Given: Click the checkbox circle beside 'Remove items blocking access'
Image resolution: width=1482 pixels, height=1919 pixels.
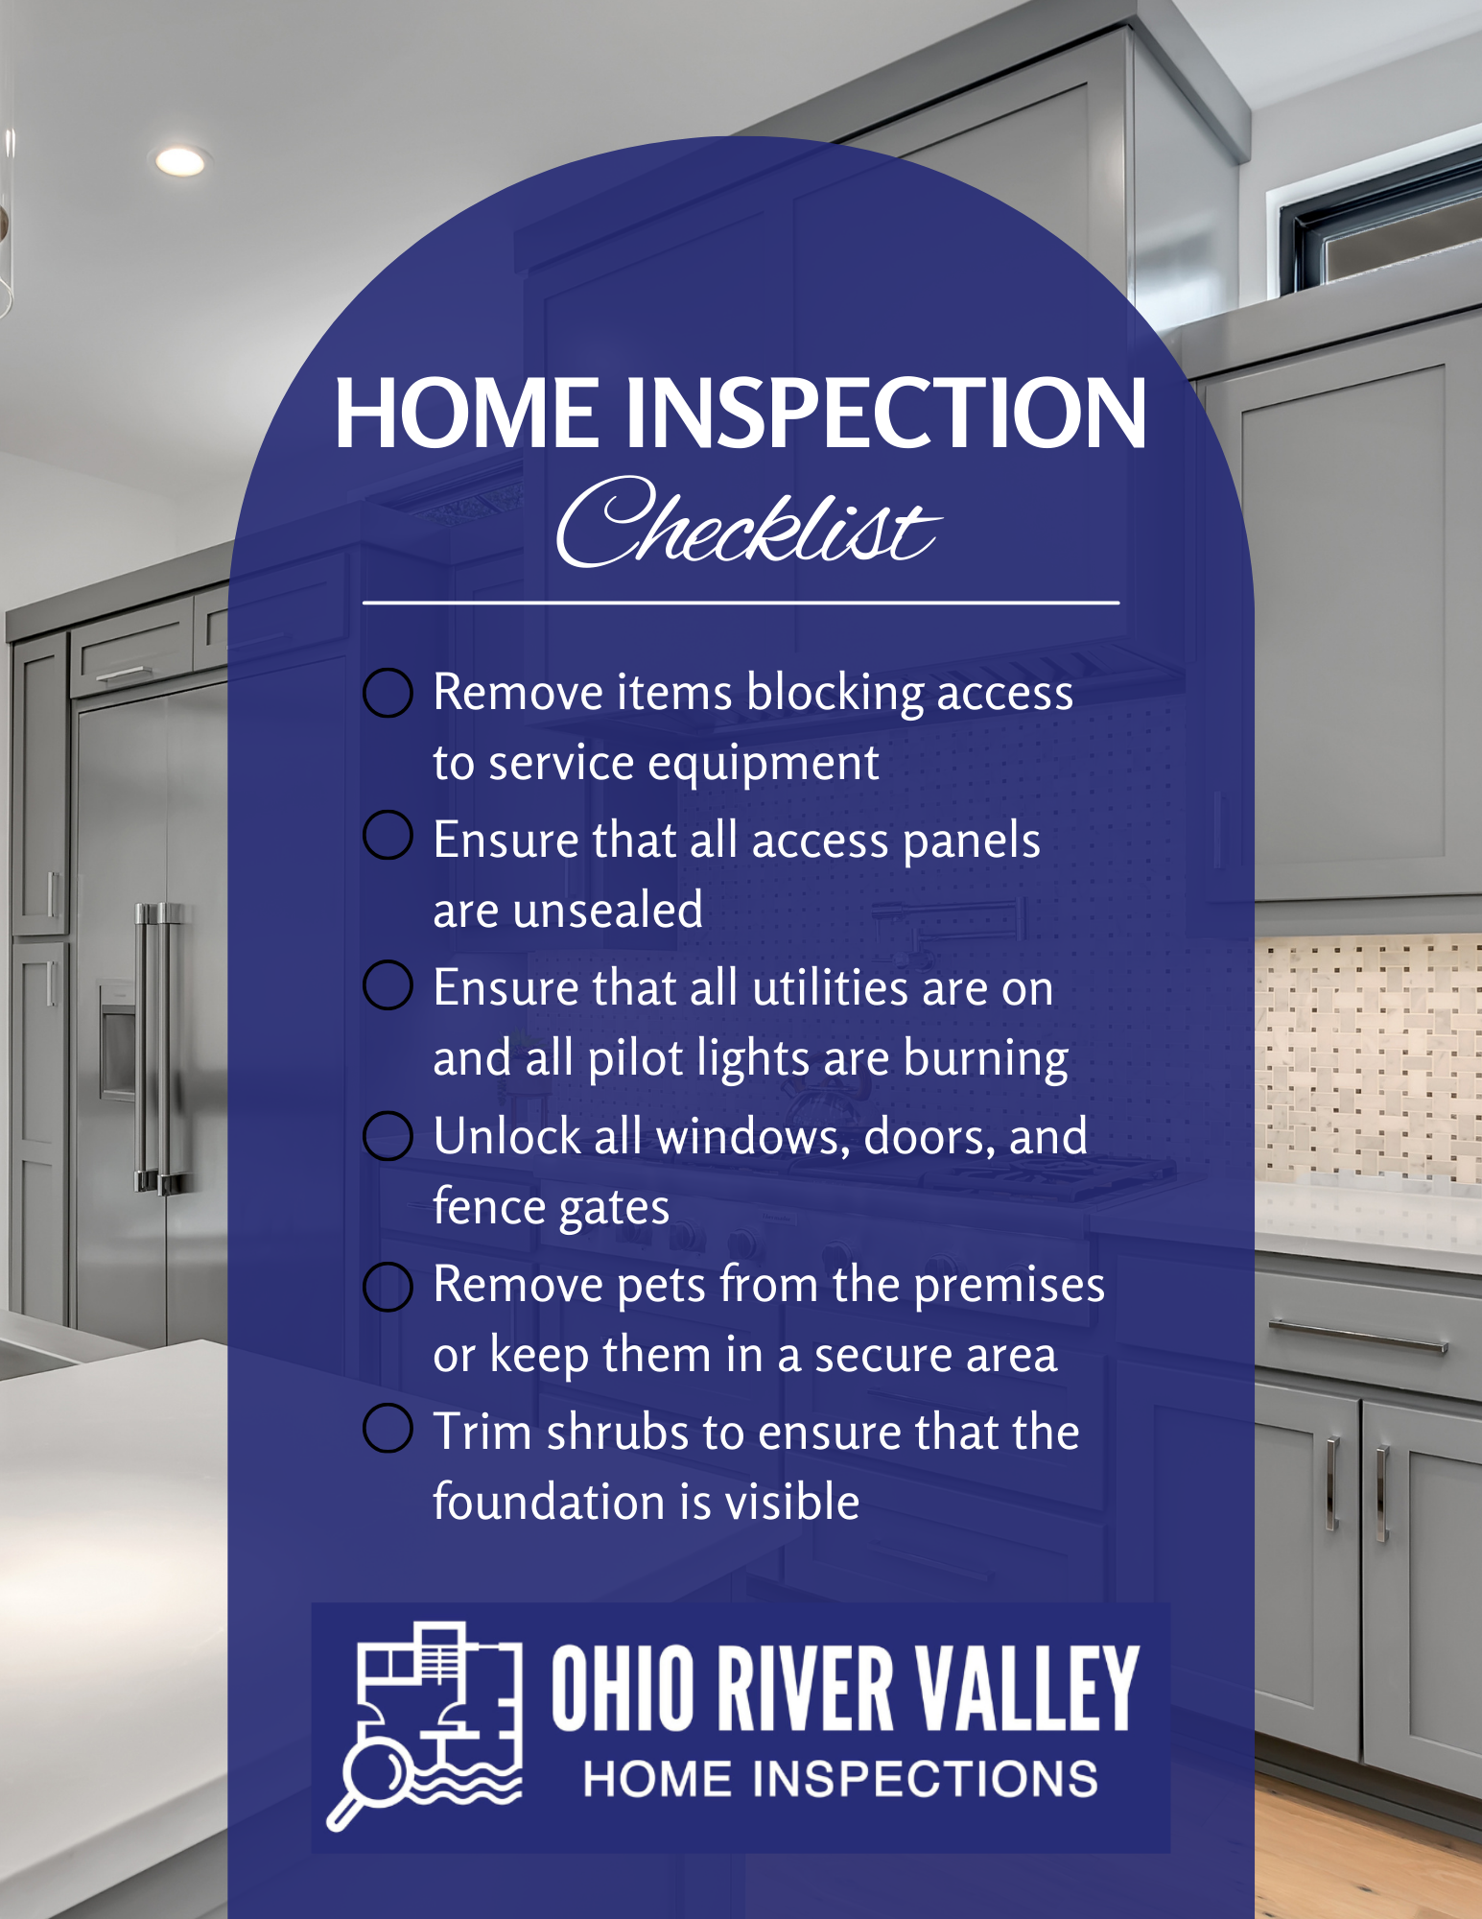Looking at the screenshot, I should [388, 693].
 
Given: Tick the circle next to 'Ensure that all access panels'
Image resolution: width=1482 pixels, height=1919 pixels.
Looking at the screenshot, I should [388, 835].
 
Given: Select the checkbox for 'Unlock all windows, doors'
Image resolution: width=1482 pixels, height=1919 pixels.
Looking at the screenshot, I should [388, 1136].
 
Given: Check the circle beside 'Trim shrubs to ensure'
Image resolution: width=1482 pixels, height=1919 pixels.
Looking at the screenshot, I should [388, 1429].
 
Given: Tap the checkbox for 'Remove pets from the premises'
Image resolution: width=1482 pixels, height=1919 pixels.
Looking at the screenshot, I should [388, 1287].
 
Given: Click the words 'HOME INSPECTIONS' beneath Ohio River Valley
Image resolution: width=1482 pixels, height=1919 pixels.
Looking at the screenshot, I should [840, 1779].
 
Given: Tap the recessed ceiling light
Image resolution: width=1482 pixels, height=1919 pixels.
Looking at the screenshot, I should [180, 161].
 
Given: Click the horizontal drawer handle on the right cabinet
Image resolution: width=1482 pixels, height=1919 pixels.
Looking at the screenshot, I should [1357, 1337].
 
